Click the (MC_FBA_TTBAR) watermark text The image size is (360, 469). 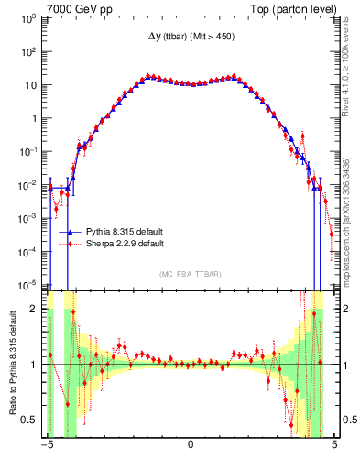pos(190,274)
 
